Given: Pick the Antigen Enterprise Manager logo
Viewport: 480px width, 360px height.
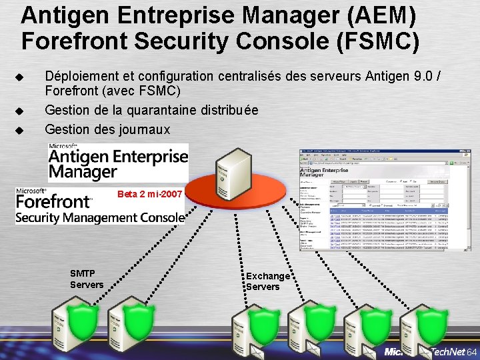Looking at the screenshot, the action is coord(117,162).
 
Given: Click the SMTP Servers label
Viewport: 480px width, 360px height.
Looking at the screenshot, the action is coord(86,279).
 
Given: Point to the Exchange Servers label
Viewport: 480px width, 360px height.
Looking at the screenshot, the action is coord(268,281).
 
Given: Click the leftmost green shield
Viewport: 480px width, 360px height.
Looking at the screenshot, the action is coord(83,317).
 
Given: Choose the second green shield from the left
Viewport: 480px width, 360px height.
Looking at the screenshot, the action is coord(138,317).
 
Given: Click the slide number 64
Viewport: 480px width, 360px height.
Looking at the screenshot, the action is coord(472,351).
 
